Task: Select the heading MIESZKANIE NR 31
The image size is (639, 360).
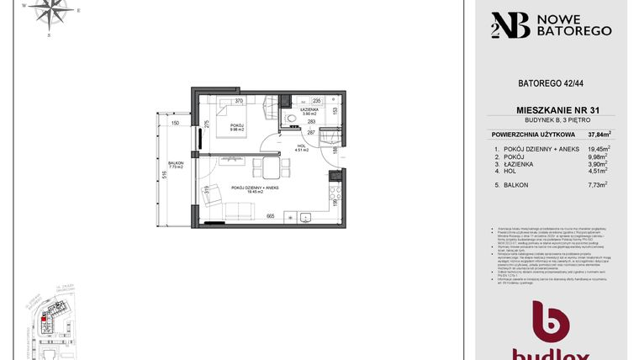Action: click(x=551, y=110)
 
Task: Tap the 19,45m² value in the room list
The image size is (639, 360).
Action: click(x=599, y=148)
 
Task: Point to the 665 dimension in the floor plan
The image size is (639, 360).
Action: click(x=271, y=216)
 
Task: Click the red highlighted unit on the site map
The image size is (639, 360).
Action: click(x=45, y=318)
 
